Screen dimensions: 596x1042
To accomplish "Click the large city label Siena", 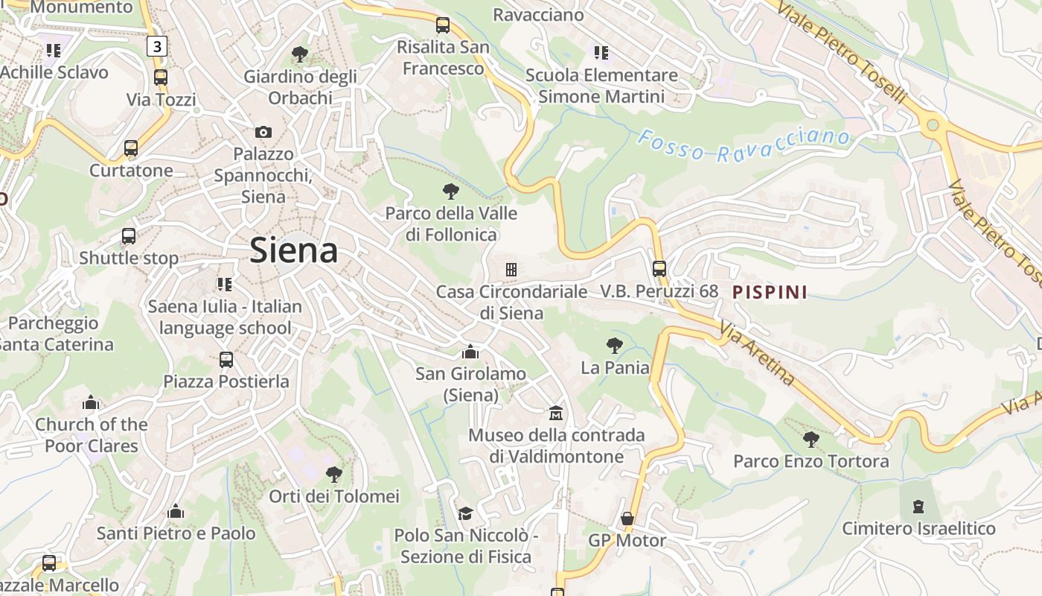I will (x=294, y=250).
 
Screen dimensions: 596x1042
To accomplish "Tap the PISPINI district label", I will (x=770, y=291).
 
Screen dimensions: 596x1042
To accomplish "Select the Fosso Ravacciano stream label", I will (x=744, y=145).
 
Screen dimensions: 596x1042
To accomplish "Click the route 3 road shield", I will (x=156, y=47).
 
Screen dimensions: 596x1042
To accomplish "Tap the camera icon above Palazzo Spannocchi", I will (x=263, y=132).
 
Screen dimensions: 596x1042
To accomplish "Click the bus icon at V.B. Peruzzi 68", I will (x=659, y=268).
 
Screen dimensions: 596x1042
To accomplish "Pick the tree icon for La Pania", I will (x=614, y=345).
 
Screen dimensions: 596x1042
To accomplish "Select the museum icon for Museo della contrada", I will (x=556, y=412).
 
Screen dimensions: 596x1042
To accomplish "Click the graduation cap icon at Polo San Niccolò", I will (x=465, y=513).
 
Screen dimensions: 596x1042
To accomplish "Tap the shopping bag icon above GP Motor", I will (x=627, y=518).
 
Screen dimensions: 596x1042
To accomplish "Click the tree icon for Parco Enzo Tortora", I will (x=811, y=439).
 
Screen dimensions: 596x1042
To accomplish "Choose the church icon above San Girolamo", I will (x=470, y=351).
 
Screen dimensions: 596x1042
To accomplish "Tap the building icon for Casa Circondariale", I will (x=511, y=269).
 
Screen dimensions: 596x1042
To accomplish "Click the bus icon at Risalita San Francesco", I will (x=443, y=25).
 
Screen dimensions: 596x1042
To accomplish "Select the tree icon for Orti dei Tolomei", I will (x=334, y=474).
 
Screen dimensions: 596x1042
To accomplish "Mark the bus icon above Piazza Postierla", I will (x=226, y=359).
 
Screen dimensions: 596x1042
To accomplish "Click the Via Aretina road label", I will (x=756, y=352).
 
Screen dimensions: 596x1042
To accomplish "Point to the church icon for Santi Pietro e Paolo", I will (x=176, y=511).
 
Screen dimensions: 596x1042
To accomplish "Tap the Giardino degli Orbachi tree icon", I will (x=300, y=54).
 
